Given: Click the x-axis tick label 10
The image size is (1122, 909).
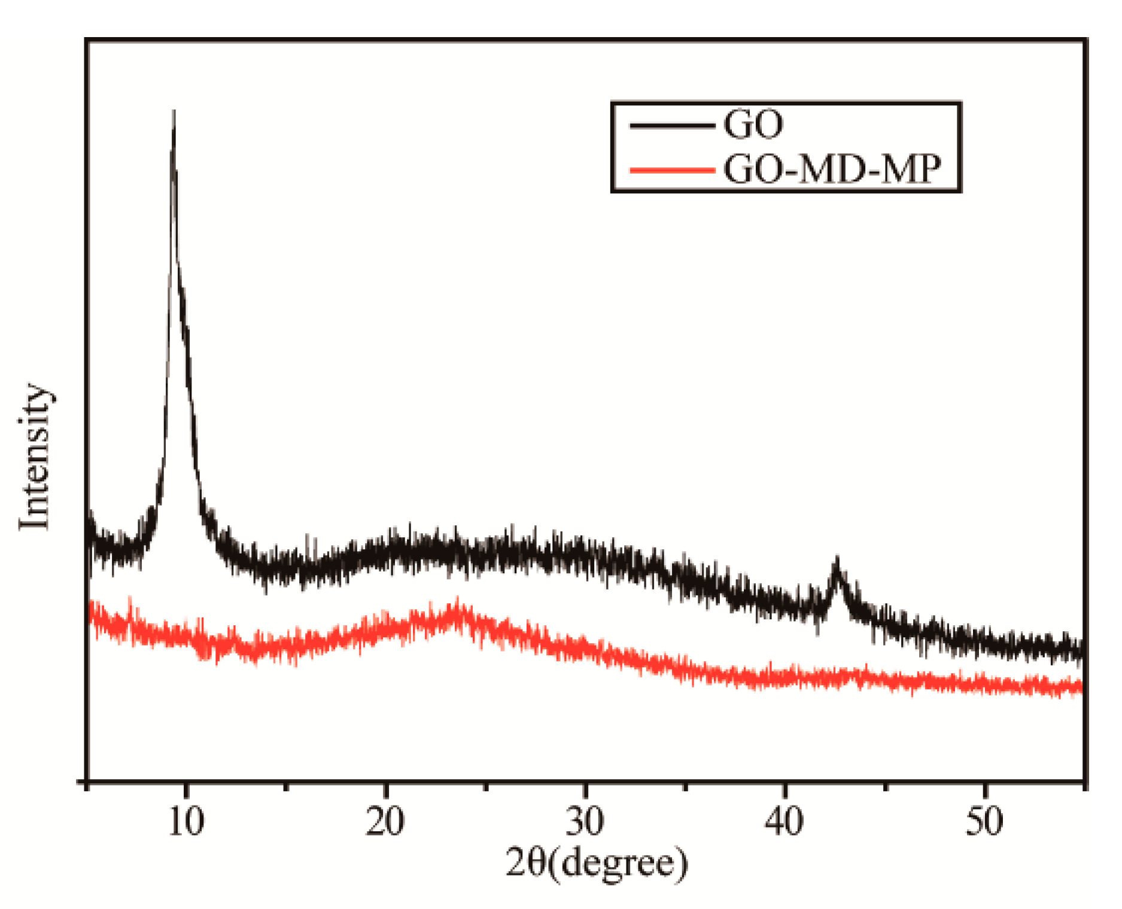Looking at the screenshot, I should pos(186,821).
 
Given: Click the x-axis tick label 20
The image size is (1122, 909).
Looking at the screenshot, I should pos(385,821).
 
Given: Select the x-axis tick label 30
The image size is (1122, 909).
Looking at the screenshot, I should pos(585,821).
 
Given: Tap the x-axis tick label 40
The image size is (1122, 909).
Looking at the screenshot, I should pos(784,821).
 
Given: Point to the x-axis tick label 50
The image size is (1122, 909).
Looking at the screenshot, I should pos(984,821).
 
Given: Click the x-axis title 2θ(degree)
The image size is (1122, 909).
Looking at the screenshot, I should pos(597,863).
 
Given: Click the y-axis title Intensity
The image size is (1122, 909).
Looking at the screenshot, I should pos(34,456).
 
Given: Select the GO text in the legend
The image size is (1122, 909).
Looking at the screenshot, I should pos(753,124).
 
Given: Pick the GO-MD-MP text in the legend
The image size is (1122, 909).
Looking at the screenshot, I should pos(832,169).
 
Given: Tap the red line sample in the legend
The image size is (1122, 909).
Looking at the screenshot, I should pos(673,171).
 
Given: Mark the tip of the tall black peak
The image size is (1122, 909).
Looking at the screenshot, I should pos(174,112).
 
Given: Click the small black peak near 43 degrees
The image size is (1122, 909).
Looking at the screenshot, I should pos(837,561).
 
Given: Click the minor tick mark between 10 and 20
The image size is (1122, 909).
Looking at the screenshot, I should pos(286,786).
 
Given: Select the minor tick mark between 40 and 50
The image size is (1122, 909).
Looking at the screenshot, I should pos(885,786).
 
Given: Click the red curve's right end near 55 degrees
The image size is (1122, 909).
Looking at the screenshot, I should pos(1081,687).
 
